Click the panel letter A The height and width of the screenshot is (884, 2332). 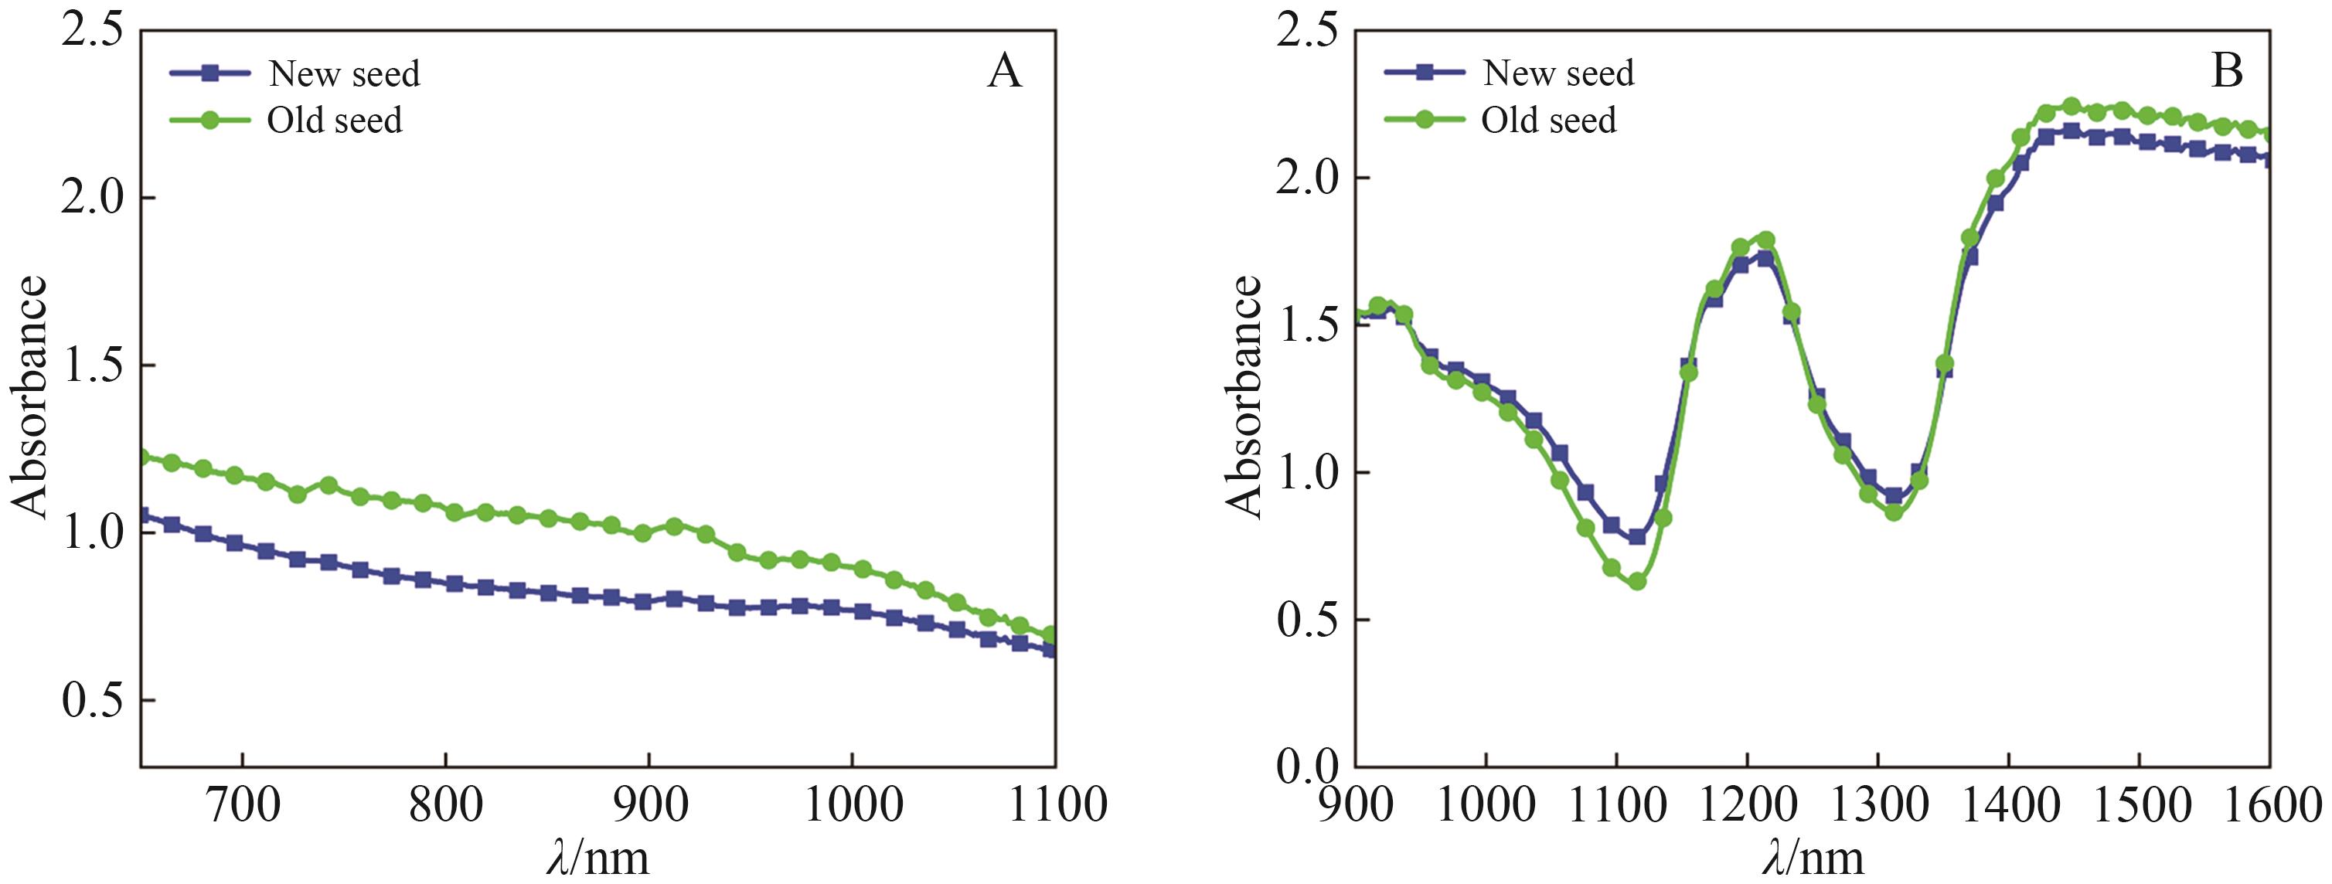1005,70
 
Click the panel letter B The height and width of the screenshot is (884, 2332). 2227,70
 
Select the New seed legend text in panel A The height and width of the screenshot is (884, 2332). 344,74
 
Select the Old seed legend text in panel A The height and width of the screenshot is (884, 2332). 334,121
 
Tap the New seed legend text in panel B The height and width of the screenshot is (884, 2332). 1558,73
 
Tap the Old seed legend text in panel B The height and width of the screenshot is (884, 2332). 1548,121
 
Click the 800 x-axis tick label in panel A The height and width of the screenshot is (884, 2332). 445,804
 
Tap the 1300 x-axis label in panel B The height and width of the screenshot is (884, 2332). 1878,804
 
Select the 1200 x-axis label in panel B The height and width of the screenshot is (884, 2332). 1747,804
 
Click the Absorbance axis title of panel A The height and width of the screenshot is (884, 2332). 29,398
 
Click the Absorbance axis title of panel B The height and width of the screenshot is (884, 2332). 1244,398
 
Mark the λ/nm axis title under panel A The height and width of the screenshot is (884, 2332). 598,858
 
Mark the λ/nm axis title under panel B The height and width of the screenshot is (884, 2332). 1813,858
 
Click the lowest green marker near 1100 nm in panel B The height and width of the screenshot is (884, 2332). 1637,582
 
